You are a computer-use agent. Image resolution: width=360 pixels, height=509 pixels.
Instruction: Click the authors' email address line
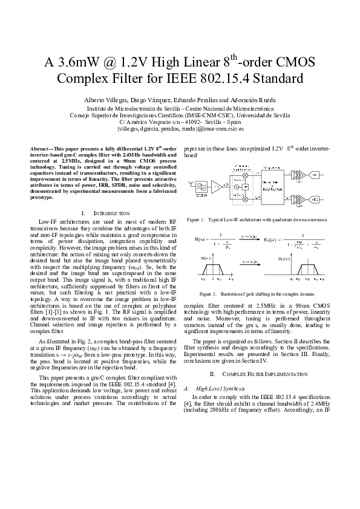(180, 129)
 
